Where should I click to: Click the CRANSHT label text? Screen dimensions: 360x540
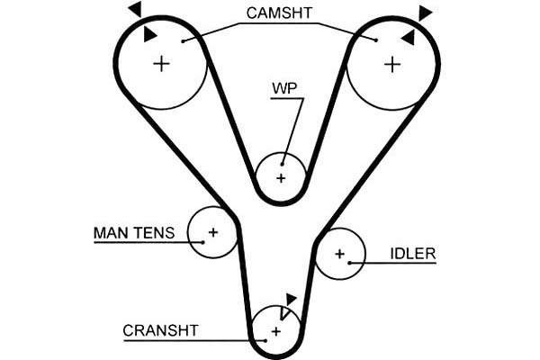pos(160,330)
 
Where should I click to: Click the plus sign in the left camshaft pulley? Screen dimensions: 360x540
pos(161,64)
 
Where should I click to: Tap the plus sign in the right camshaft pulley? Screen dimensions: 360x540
pos(391,64)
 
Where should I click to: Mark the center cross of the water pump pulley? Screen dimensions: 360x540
pos(281,178)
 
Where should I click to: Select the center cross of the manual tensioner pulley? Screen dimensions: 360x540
pos(213,232)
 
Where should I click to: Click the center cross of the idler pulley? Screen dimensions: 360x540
pos(340,254)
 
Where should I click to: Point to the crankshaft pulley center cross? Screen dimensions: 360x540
pos(275,332)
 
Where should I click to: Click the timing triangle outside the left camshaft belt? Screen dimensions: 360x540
pos(134,9)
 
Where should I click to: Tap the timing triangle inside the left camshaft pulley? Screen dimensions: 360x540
pos(149,34)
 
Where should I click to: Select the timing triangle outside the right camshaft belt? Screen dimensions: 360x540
pos(425,12)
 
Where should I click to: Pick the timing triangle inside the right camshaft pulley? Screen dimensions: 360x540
pos(408,37)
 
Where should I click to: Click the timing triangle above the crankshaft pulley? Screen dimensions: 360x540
pos(290,299)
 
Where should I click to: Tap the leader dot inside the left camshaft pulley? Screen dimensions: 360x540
pos(183,40)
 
